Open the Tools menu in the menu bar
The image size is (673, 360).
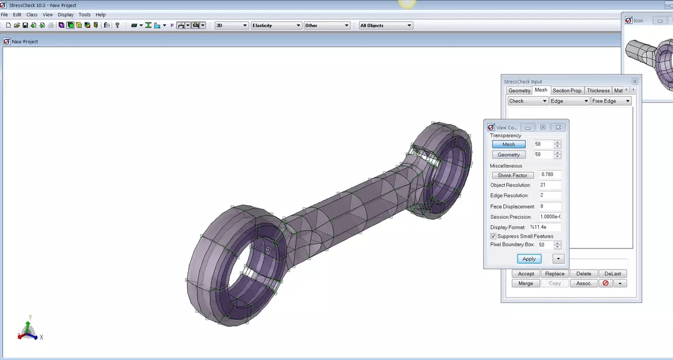(x=84, y=15)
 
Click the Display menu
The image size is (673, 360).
(x=65, y=15)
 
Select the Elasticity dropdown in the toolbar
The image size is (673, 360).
(x=276, y=26)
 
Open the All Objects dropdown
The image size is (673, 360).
(x=385, y=26)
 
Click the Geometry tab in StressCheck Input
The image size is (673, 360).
(x=519, y=91)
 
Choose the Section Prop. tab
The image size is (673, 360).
(x=567, y=91)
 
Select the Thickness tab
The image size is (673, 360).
(x=598, y=91)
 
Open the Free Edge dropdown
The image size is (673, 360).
(x=611, y=101)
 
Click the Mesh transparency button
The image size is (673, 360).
(x=509, y=145)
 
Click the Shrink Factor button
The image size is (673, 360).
(x=512, y=176)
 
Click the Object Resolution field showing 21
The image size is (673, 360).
(x=550, y=186)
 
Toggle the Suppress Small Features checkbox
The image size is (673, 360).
(x=493, y=236)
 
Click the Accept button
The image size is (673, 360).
(x=526, y=274)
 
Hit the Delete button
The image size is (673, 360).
(x=583, y=274)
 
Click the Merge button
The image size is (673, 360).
(x=525, y=283)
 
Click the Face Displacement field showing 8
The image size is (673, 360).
(x=550, y=206)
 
